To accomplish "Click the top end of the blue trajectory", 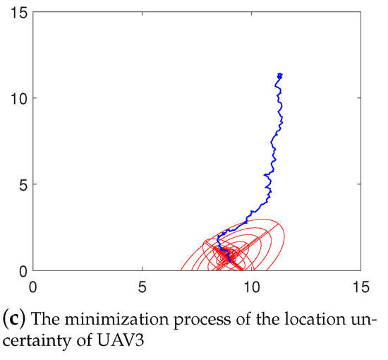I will tap(280, 74).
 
